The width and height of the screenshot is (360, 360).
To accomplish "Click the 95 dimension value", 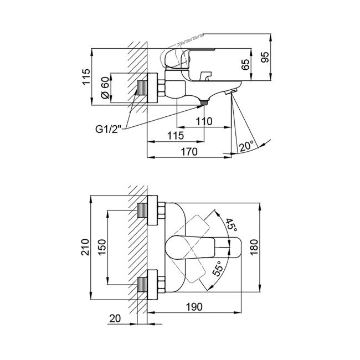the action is (x=265, y=57).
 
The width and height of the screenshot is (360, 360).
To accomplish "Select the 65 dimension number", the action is (x=246, y=65).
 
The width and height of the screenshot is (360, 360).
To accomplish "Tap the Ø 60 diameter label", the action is (x=105, y=88).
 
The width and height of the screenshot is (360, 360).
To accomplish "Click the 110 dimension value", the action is (x=204, y=121).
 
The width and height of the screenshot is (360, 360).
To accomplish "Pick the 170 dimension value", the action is (x=189, y=152).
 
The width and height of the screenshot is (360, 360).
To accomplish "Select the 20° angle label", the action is (x=247, y=146).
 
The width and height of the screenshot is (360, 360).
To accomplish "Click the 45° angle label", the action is (x=231, y=225).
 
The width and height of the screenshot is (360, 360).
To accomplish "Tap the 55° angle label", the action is (x=218, y=269).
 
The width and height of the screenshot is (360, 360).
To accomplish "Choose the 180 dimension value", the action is (x=254, y=248).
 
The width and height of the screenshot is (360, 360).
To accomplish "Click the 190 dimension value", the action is (x=194, y=307).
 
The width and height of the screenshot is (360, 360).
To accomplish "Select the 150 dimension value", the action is (x=102, y=247).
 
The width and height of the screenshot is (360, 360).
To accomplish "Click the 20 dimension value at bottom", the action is (x=115, y=318).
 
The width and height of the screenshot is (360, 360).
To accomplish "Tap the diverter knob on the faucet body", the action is (x=205, y=76).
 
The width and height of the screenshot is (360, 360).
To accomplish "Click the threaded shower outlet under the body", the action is (x=204, y=102).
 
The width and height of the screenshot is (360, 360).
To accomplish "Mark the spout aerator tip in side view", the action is (x=230, y=92).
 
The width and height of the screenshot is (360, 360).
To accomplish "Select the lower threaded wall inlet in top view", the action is (x=142, y=285).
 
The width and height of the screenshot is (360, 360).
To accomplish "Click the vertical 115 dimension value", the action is (x=86, y=76).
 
